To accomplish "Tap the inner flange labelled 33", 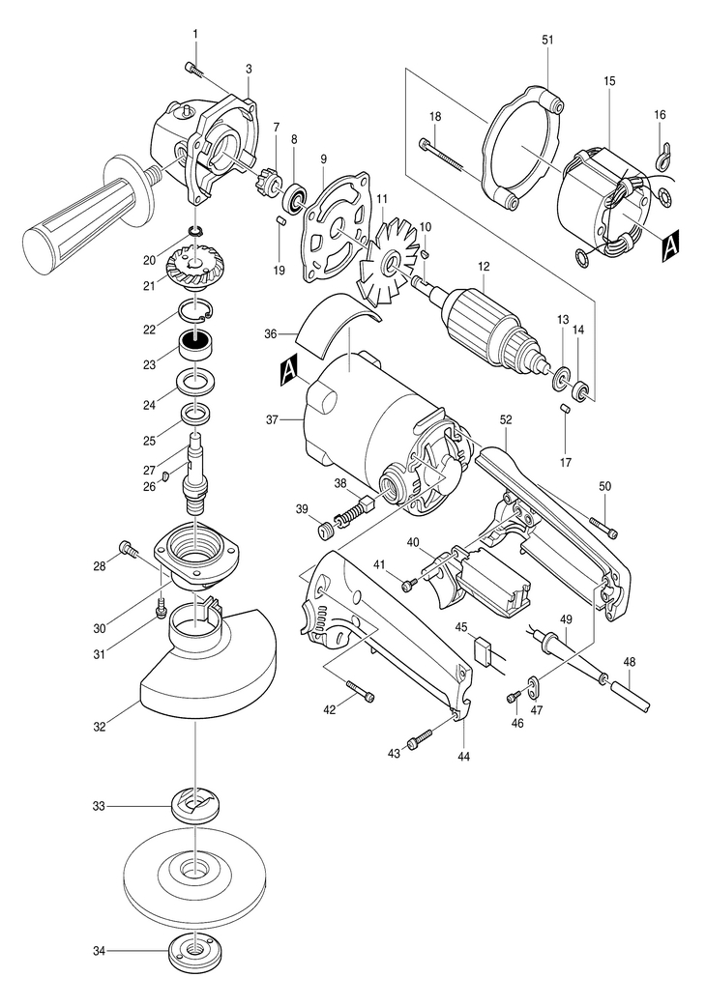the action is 193,807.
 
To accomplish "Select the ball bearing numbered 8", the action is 297,197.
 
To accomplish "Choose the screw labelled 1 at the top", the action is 193,69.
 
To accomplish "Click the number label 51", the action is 546,40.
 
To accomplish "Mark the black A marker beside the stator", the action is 670,245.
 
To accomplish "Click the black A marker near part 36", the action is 290,369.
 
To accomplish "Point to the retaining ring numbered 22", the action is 193,312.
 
